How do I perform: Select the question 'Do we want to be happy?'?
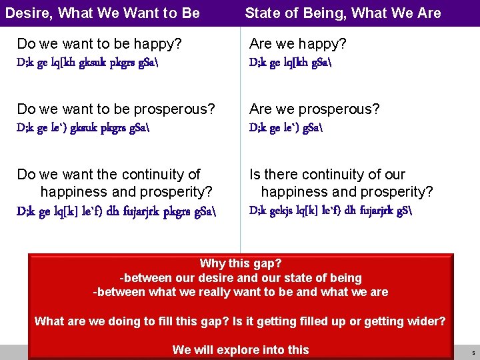99,44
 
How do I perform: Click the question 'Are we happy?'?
297,44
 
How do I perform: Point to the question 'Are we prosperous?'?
314,109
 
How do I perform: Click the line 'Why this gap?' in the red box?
240,264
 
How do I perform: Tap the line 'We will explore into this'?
240,349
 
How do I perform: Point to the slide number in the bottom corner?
473,353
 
